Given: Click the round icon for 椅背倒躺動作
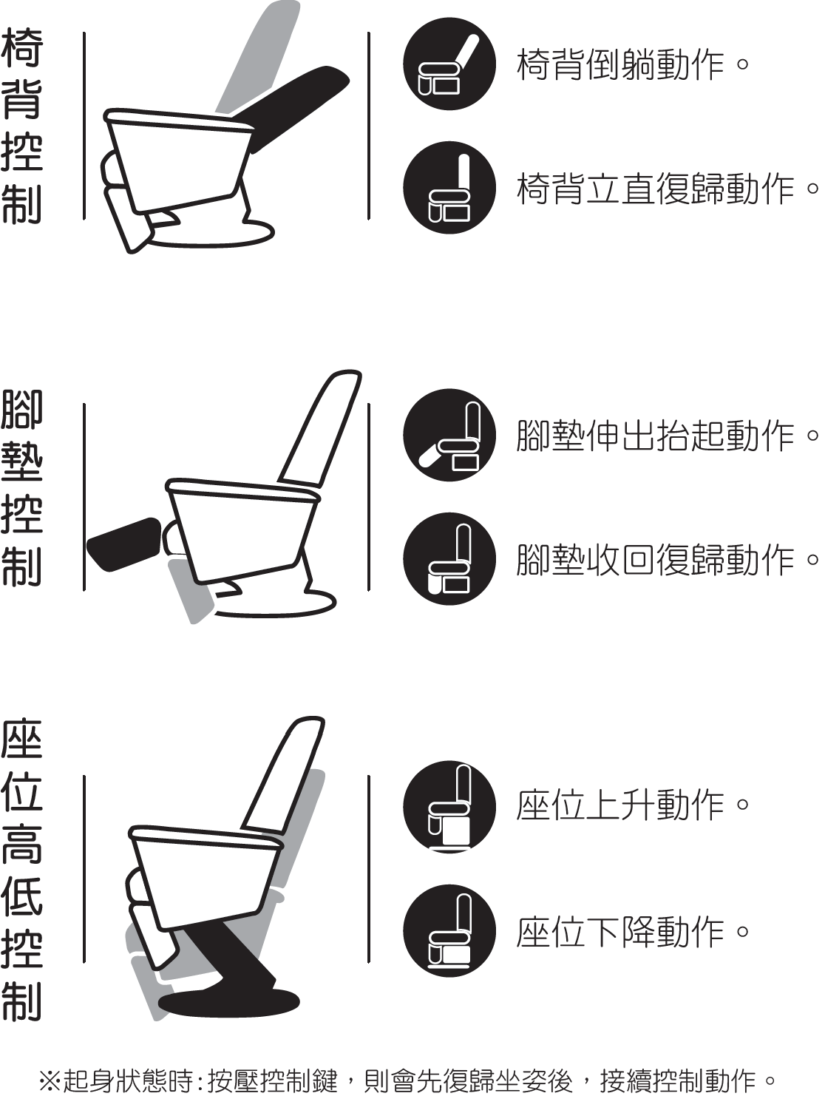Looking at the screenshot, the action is tap(449, 64).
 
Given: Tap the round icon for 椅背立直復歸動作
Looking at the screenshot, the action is tap(449, 187).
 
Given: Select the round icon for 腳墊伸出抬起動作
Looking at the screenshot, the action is tap(449, 435).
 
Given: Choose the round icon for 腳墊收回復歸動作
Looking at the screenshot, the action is tap(449, 559).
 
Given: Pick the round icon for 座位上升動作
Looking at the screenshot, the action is tap(449, 806).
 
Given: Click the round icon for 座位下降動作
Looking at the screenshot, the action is tap(449, 930).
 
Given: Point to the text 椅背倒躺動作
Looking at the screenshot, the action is tap(632, 64).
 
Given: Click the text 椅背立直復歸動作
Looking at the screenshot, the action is tap(668, 189).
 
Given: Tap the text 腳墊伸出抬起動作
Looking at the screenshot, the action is tap(668, 436).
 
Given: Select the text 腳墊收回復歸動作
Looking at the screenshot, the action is tap(668, 559).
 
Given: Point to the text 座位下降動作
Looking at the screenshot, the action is tap(632, 930).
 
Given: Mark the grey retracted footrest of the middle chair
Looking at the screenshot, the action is tap(192, 592).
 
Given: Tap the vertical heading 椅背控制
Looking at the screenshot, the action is tap(22, 126).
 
